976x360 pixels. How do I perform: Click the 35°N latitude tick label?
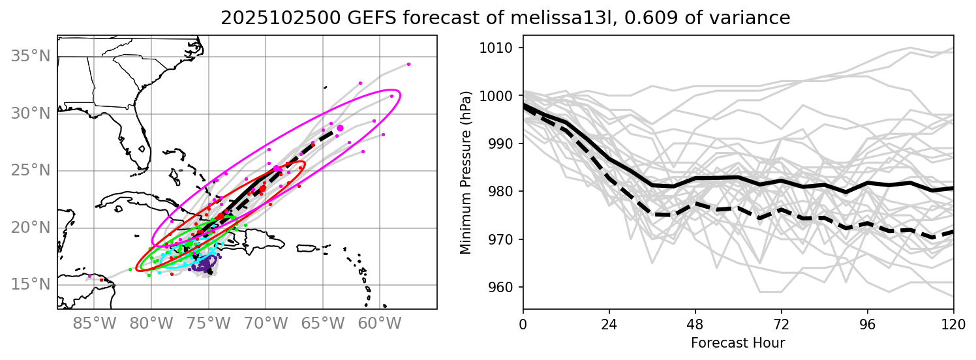[31, 57]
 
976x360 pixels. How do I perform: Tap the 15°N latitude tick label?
[31, 285]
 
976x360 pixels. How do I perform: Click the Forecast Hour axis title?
[738, 342]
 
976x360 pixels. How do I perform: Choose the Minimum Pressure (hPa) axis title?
[465, 172]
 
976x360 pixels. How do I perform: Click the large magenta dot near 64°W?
[340, 128]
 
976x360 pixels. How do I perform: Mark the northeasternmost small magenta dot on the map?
[408, 64]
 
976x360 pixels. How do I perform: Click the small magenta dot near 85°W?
[89, 277]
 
